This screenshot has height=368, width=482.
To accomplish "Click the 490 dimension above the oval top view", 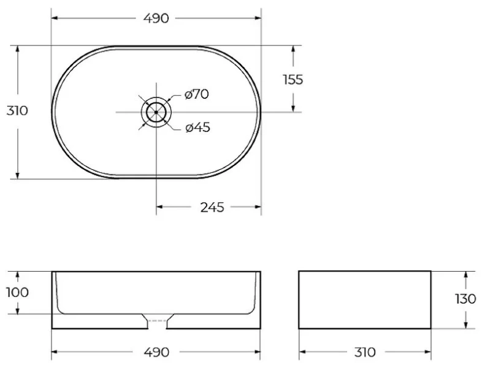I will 156,18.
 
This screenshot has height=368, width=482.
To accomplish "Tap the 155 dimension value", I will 293,79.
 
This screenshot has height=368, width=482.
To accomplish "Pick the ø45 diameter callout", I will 197,128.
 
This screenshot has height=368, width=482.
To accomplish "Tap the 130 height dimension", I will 466,299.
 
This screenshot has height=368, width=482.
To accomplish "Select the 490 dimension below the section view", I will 156,352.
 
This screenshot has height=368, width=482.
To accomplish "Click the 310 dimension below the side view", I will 365,352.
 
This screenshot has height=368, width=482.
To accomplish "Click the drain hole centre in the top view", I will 156,112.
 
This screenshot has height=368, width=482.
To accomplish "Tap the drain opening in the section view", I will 157,321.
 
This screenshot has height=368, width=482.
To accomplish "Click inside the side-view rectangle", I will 365,299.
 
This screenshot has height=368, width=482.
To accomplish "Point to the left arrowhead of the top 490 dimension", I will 53,18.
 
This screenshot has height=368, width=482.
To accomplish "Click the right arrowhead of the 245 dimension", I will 259,207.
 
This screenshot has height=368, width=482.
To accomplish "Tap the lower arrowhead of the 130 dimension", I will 466,325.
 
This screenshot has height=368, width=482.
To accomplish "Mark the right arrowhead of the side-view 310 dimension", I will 429,352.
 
